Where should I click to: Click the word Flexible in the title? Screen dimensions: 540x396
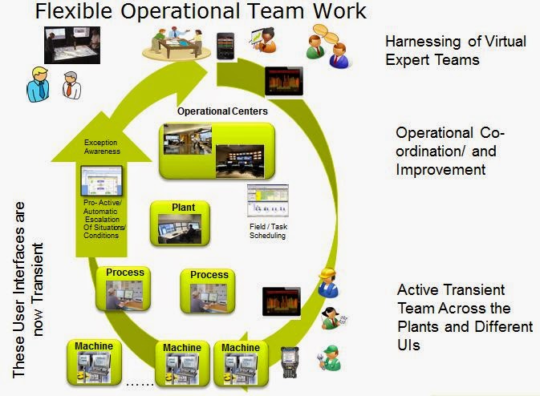point(74,11)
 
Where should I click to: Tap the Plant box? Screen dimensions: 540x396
point(180,224)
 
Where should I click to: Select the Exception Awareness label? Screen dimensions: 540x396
point(102,147)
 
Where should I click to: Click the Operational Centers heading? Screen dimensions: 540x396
point(222,111)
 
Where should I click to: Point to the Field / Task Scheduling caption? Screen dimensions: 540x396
point(268,231)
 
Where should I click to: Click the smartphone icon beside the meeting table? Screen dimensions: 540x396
point(225,46)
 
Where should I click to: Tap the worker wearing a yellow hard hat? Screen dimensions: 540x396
point(327,282)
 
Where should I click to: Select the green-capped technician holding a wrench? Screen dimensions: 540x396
point(329,358)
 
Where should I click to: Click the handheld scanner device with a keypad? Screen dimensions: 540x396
point(290,362)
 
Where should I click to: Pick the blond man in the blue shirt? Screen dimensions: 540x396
point(38,84)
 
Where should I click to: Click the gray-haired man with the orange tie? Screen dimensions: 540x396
point(71,85)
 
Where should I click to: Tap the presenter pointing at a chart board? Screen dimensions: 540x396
point(263,41)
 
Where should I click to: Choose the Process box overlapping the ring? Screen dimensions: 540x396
point(124,289)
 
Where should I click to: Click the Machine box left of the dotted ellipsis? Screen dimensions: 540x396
point(94,362)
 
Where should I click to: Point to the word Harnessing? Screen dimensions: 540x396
point(423,42)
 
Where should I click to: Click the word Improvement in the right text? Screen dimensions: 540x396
point(441,170)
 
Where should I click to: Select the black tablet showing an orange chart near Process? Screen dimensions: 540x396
point(282,301)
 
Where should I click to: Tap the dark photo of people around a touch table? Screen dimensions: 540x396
point(72,45)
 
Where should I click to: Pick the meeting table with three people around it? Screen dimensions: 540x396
point(177,44)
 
